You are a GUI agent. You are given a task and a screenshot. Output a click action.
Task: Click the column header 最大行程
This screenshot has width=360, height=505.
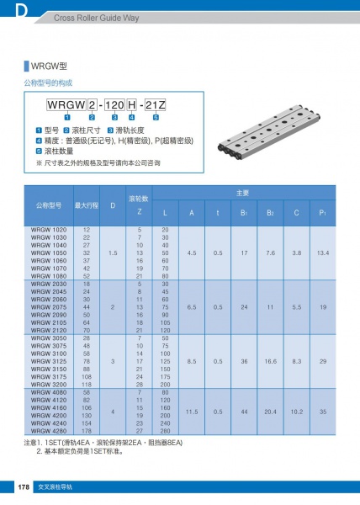[87, 205]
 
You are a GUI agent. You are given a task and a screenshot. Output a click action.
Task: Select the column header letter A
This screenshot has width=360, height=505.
[191, 212]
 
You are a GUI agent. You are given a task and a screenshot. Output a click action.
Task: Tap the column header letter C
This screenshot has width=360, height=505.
[296, 212]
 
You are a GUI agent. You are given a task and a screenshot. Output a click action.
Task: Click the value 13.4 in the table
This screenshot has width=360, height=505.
[322, 252]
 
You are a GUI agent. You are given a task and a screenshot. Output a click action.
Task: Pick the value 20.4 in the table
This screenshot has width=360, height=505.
[270, 412]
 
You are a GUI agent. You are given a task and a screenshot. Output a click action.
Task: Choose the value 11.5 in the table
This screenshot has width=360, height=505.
[191, 412]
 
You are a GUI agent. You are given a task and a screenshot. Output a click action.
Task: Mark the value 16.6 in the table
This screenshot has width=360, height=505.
[270, 361]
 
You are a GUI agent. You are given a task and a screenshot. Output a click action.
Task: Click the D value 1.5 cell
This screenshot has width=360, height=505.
[113, 252]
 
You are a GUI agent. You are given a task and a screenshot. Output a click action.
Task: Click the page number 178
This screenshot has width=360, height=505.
[25, 487]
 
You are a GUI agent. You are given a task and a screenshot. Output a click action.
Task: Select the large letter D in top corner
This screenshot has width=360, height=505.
[19, 10]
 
